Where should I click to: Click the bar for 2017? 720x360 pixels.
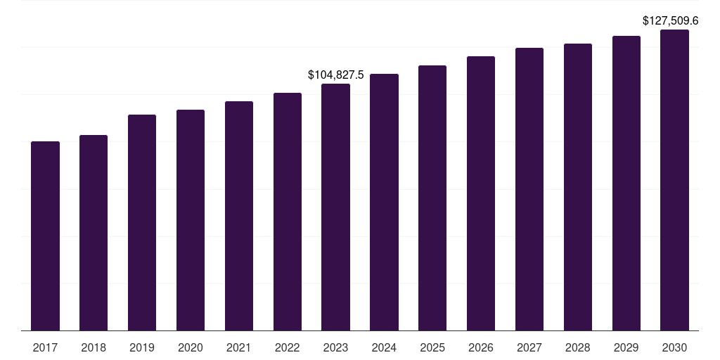(45, 236)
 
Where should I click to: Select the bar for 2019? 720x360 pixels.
(142, 222)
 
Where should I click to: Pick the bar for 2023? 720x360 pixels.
(335, 207)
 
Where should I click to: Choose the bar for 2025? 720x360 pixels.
(432, 198)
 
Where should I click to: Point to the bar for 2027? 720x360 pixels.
(529, 189)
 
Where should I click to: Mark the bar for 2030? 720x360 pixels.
(674, 180)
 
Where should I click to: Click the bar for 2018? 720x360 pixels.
(94, 233)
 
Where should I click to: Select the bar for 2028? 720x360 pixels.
(578, 187)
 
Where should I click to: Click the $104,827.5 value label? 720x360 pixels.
(336, 75)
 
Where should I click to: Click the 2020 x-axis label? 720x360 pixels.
(191, 347)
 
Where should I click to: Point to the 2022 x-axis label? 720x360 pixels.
(288, 347)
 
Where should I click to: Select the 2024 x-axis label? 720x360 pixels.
(384, 347)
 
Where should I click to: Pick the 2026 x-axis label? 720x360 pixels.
(481, 347)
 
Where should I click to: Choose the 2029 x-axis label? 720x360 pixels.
(626, 347)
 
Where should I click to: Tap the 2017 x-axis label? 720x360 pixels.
(45, 347)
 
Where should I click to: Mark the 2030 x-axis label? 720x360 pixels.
(674, 347)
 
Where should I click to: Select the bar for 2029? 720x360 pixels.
(626, 183)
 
